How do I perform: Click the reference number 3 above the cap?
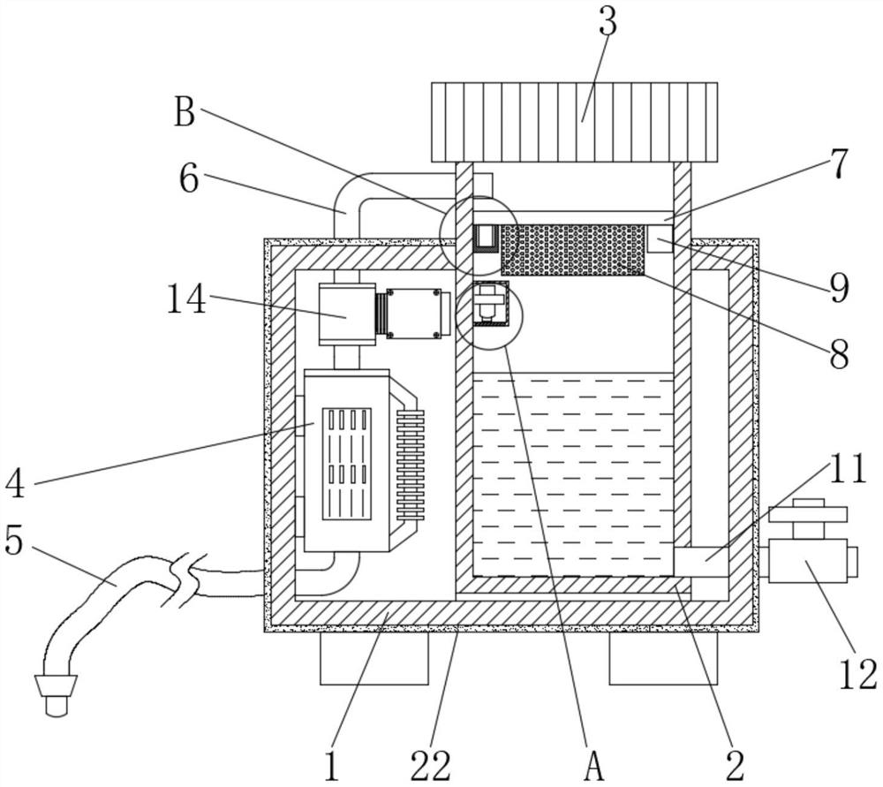click(608, 20)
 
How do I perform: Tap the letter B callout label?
click(185, 111)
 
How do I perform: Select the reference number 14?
click(187, 299)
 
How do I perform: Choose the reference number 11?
click(846, 469)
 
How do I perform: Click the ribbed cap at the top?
click(575, 122)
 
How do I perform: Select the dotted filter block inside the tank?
click(573, 250)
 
